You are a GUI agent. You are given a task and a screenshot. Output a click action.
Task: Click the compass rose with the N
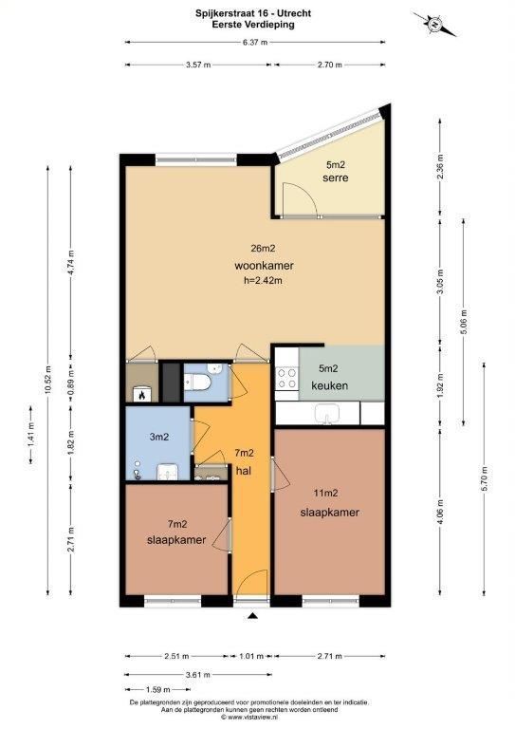(433, 23)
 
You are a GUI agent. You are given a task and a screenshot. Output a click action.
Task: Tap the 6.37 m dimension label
(255, 43)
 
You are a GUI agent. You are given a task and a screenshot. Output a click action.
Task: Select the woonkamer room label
(264, 266)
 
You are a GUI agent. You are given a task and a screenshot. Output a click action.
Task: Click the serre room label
(336, 178)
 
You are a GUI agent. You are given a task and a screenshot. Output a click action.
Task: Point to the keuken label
(330, 386)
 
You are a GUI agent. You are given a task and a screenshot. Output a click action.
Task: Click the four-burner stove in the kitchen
(286, 378)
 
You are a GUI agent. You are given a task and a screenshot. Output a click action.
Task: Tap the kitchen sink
(327, 413)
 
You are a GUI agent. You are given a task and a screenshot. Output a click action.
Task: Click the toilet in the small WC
(198, 383)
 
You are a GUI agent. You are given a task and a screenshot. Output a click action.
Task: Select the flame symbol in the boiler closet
(141, 395)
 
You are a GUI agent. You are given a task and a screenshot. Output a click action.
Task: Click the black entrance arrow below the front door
(252, 616)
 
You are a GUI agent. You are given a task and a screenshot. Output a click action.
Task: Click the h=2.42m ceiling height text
(264, 281)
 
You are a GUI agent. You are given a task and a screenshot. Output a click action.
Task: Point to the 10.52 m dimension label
(48, 382)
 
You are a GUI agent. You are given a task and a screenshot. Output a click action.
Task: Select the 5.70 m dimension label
(485, 478)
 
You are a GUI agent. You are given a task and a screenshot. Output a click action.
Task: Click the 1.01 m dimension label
(251, 657)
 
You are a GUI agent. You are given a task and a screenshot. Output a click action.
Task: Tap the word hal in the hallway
(244, 471)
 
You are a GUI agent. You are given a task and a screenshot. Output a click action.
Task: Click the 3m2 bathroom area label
(158, 437)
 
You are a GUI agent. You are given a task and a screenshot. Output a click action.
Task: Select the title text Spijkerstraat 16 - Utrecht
(253, 13)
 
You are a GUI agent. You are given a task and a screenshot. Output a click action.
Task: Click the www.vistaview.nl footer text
(253, 718)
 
